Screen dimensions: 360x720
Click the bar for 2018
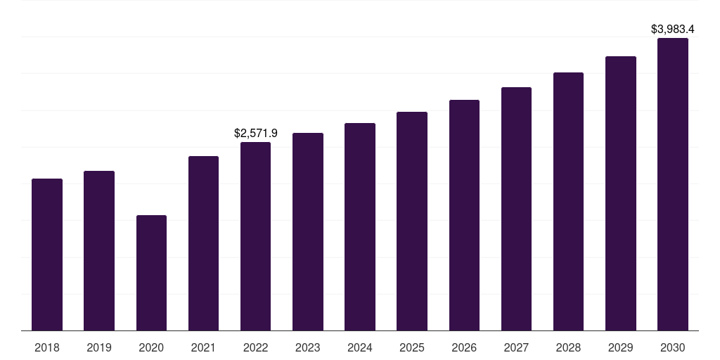pos(47,255)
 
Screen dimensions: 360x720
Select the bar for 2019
pos(99,250)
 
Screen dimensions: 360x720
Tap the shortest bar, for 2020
pos(151,273)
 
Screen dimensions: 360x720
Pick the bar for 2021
pos(203,243)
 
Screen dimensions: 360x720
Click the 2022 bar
pos(255,236)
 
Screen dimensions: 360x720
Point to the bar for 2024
pos(360,226)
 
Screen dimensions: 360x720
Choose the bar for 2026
pos(464,215)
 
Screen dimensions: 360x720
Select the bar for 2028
pos(568,201)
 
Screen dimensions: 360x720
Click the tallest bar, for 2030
pos(673,184)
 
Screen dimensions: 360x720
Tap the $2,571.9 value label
pos(255,133)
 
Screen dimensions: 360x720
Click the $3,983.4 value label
pos(673,29)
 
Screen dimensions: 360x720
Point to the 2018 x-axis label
pos(47,347)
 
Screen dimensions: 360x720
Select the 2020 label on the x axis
pos(151,347)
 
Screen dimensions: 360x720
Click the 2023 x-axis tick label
pos(308,347)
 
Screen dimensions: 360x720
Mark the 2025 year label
pos(412,347)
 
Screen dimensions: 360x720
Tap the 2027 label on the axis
pos(516,347)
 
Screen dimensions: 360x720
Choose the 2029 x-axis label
pos(621,347)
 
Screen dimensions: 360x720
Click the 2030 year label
pos(673,347)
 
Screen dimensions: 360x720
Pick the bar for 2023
pos(308,231)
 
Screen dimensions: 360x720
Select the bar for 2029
pos(621,193)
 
